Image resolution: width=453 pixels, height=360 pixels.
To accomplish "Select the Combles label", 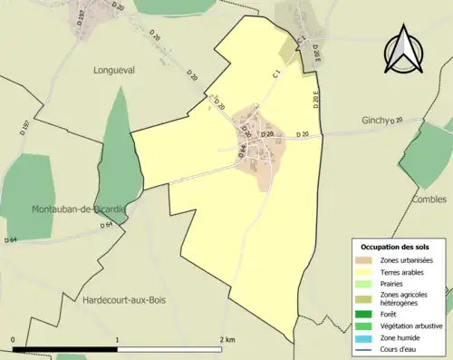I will (x=429, y=199).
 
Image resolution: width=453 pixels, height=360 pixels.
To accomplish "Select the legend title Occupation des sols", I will (x=395, y=247).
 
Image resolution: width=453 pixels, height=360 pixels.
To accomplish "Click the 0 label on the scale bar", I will (x=14, y=340).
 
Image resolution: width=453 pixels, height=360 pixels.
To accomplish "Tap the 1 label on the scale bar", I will (x=118, y=340).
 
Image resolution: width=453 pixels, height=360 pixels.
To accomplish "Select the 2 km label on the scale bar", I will (x=226, y=340).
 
